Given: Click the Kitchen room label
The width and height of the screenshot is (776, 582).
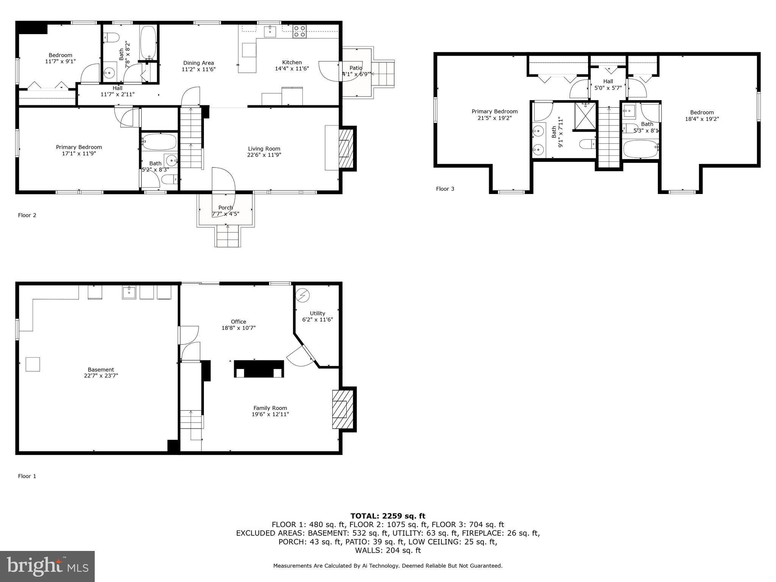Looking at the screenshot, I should click(x=292, y=63).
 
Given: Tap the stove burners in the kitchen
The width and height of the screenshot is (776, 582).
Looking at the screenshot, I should click(x=299, y=31).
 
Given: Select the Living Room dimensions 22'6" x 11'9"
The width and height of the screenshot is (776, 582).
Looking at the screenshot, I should click(x=264, y=155).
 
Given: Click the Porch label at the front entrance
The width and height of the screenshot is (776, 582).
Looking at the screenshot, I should click(x=225, y=208).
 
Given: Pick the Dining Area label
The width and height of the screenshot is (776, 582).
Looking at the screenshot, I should click(x=199, y=63).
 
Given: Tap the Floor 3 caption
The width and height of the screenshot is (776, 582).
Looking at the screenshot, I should click(x=445, y=189).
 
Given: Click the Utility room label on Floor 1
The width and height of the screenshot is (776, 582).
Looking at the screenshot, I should click(x=318, y=313).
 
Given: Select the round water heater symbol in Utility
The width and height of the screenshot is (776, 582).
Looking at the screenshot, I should click(x=303, y=295).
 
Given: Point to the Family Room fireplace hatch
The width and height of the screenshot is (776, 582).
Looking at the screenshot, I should click(x=339, y=409).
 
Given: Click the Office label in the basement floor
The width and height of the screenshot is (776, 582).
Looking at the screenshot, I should click(x=238, y=322).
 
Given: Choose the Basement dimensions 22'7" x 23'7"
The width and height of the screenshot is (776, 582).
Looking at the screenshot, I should click(x=101, y=376).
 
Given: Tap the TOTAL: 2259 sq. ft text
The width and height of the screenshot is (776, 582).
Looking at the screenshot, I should click(x=388, y=516).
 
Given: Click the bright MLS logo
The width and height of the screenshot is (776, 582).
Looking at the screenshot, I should click(x=47, y=566).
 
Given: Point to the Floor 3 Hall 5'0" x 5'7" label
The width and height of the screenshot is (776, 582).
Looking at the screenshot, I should click(x=608, y=84).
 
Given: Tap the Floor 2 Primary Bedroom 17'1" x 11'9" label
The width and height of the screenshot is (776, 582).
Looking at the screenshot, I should click(x=79, y=150).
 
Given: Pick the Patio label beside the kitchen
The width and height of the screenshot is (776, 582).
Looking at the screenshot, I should click(x=356, y=68).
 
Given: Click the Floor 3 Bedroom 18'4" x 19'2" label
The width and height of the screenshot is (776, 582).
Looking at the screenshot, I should click(x=702, y=116).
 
